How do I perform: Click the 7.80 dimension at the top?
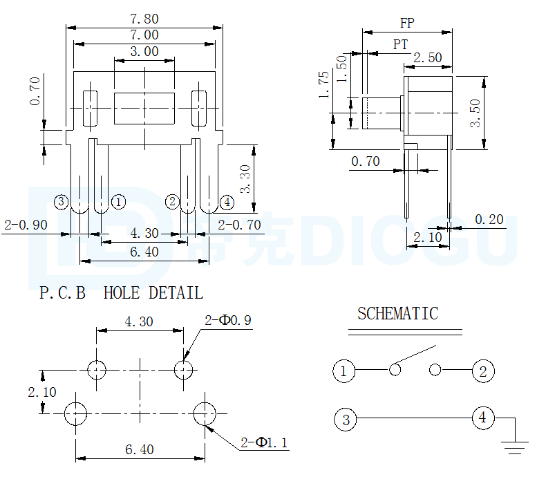tap(144, 19)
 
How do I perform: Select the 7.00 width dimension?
tap(144, 35)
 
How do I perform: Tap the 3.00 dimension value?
tap(144, 52)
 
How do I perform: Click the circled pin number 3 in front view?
tap(62, 202)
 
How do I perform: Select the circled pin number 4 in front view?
tap(227, 203)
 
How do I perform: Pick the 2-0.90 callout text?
tap(26, 225)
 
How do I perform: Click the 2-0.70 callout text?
tap(239, 225)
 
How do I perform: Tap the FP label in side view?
tap(407, 23)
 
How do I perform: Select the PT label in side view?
tap(401, 44)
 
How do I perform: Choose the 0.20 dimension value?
tap(489, 220)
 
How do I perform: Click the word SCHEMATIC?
tap(397, 314)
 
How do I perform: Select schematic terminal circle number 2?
tap(483, 371)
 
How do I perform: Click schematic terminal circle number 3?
tap(346, 419)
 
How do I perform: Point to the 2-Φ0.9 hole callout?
tap(228, 320)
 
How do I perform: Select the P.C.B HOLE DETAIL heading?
tap(121, 293)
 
